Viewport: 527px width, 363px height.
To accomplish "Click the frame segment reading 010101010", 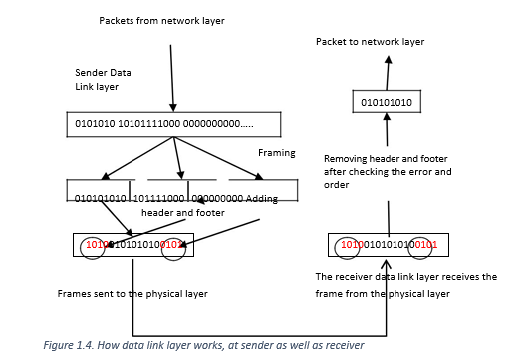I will [x=101, y=199].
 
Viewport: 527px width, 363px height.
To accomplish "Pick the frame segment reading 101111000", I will [x=159, y=199].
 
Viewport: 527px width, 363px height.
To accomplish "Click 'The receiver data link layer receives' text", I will [x=405, y=277].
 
